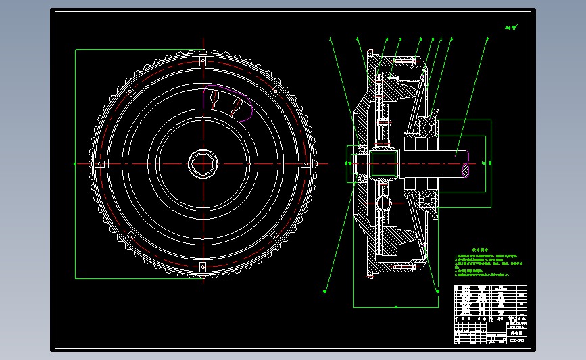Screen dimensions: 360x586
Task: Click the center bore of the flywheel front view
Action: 202,163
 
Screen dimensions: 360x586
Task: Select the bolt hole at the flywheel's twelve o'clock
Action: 202,61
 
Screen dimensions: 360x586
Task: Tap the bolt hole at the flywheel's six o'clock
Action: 202,266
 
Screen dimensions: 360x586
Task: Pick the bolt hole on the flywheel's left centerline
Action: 99,163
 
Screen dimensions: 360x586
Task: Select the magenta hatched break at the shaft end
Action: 466,170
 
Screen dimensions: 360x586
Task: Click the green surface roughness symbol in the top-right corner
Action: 510,29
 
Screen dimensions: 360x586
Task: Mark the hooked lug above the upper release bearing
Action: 436,107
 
